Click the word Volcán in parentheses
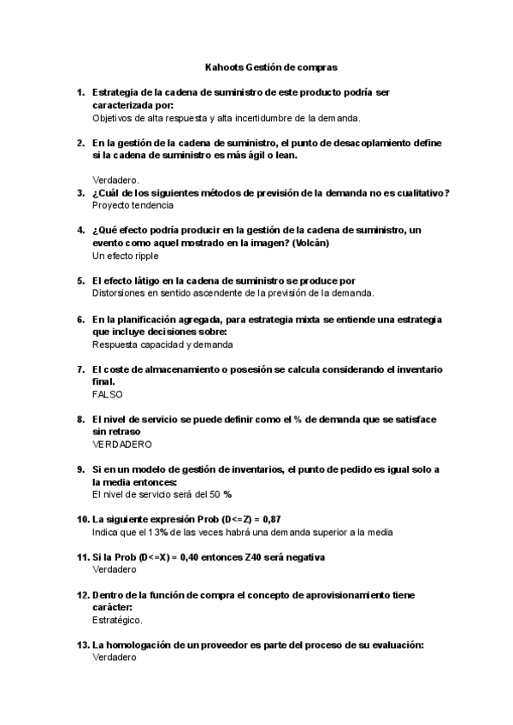point(310,243)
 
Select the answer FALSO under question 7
point(107,394)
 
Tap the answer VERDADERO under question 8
point(121,445)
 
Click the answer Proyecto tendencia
point(133,205)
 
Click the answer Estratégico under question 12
point(117,620)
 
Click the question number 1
point(80,91)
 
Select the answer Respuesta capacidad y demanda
point(162,344)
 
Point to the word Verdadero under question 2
point(115,180)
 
